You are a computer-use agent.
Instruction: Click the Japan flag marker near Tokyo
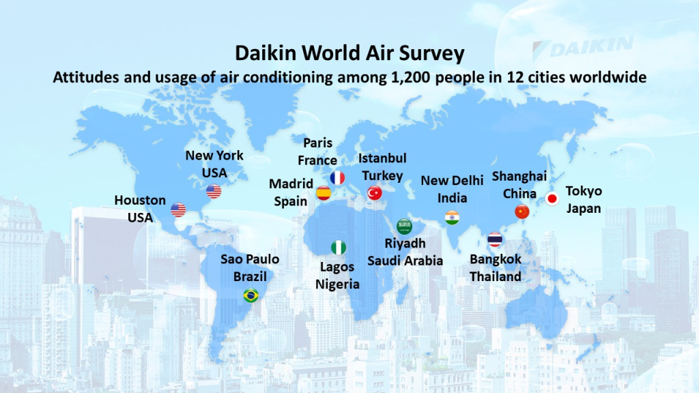(x=552, y=199)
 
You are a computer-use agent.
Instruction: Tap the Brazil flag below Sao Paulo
(x=251, y=295)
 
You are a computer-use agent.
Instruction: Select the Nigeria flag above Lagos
(x=339, y=248)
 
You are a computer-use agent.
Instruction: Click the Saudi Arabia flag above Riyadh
(x=404, y=227)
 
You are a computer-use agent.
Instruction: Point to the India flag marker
(x=452, y=218)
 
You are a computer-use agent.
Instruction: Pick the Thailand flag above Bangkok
(x=495, y=239)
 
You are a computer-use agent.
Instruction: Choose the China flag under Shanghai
(x=522, y=212)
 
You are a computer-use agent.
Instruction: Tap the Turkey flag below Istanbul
(x=375, y=193)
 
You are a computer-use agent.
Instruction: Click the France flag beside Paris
(x=337, y=178)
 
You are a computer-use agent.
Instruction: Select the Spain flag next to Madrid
(x=324, y=193)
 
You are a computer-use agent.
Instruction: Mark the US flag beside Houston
(x=178, y=209)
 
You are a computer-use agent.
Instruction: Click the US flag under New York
(x=214, y=191)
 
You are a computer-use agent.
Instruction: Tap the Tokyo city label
(x=584, y=192)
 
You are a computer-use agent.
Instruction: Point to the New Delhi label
(x=452, y=180)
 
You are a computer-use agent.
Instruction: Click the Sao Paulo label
(x=250, y=259)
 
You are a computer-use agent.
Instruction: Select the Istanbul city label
(x=382, y=158)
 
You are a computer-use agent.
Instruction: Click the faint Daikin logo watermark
(x=583, y=47)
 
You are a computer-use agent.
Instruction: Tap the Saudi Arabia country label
(x=405, y=261)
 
